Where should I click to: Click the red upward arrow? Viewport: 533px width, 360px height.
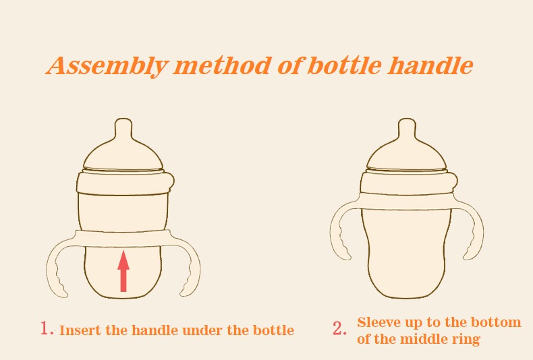pos(123,271)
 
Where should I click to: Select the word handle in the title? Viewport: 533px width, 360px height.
pos(430,65)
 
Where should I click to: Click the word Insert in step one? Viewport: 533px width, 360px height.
pos(80,330)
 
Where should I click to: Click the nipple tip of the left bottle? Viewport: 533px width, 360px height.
pos(123,121)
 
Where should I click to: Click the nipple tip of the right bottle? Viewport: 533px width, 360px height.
pos(407,121)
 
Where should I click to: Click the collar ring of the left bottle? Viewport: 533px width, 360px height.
pos(124,183)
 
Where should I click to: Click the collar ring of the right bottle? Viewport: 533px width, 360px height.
pos(408,183)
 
